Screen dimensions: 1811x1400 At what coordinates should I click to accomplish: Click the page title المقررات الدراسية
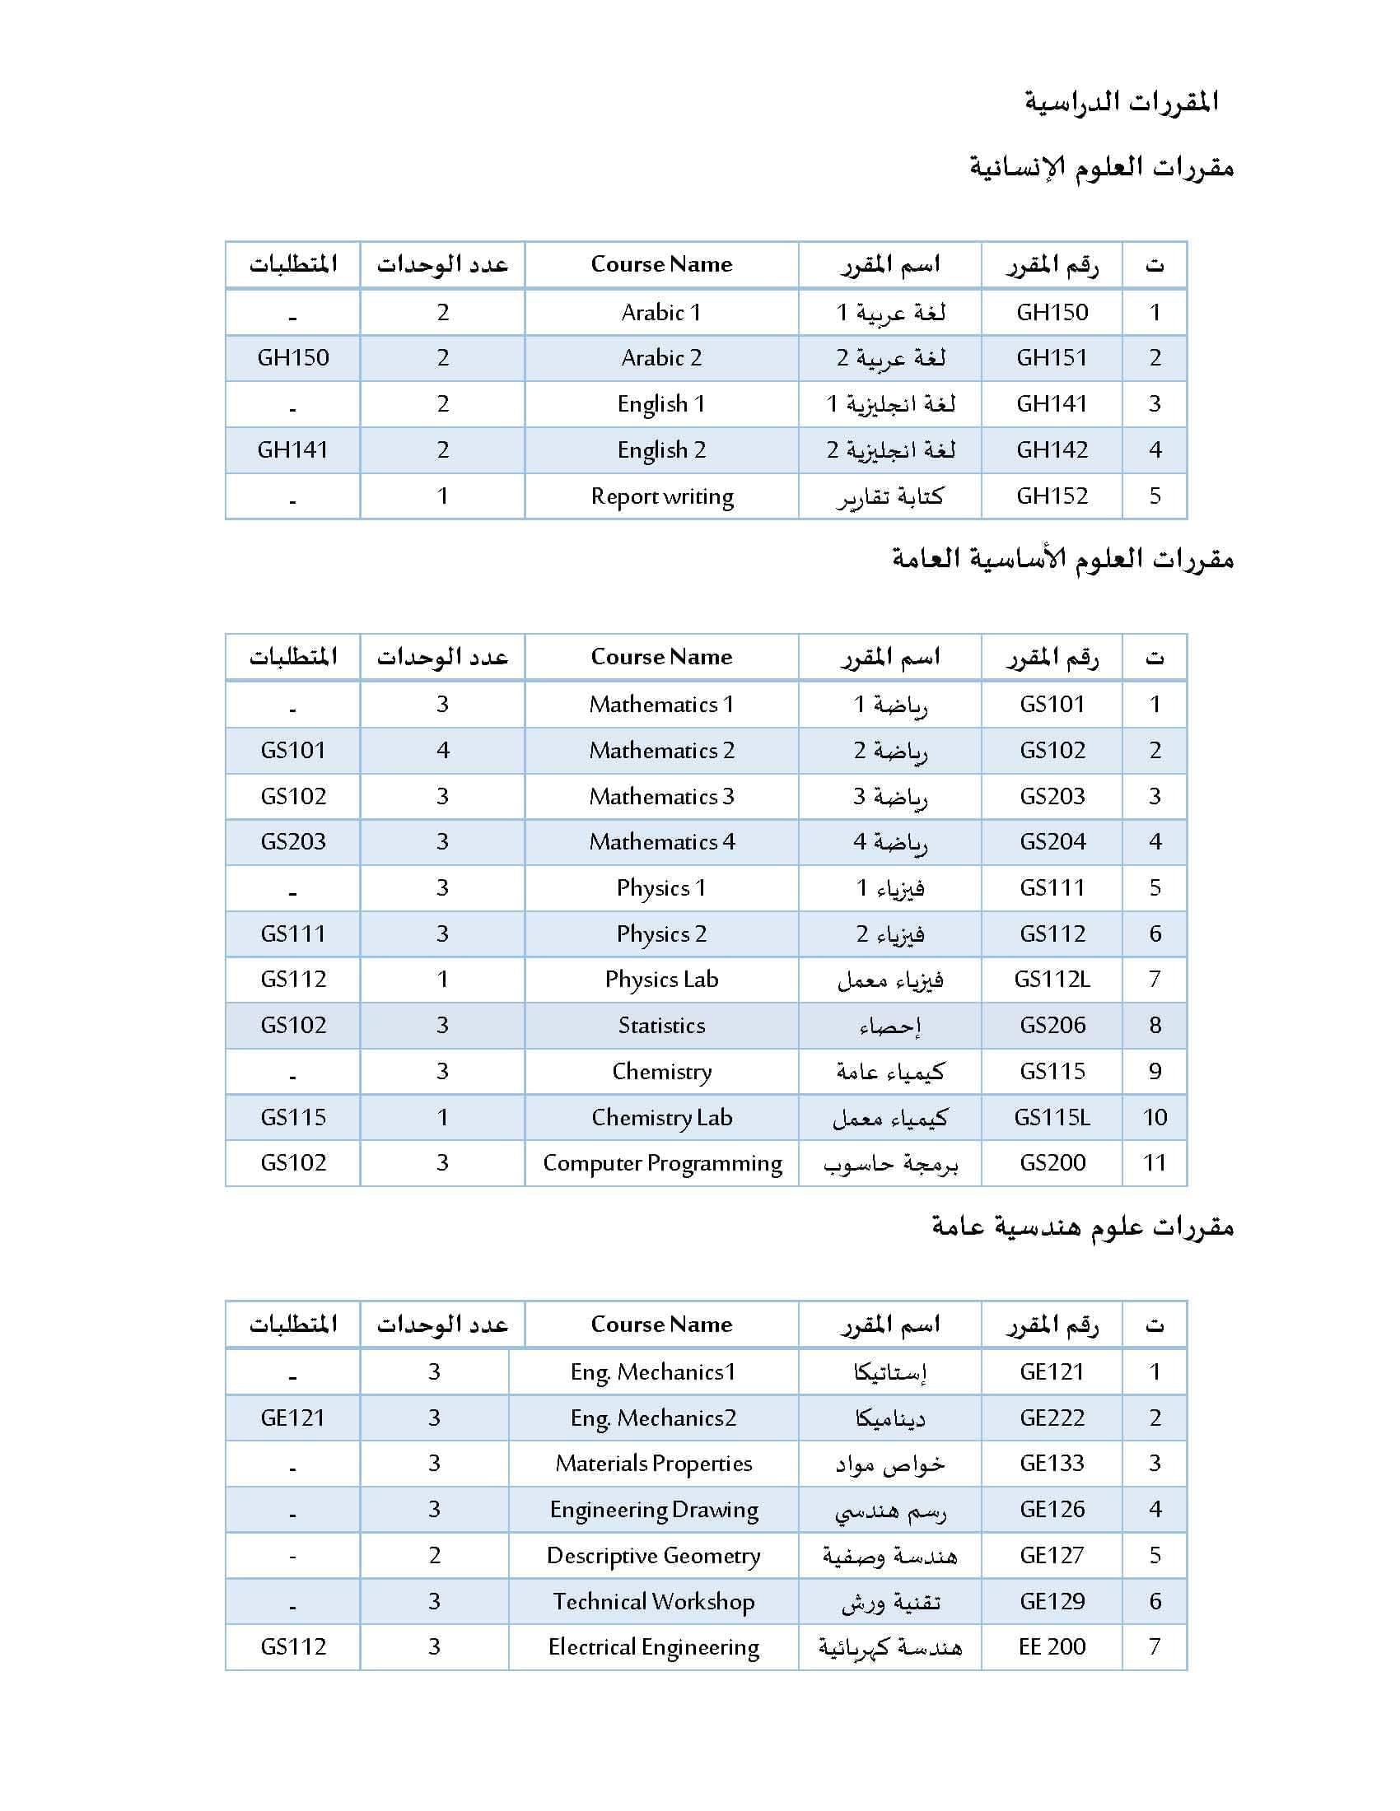point(1121,102)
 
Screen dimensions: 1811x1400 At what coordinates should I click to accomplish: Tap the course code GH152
point(1052,496)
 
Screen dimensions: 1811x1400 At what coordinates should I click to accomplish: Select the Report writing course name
point(662,496)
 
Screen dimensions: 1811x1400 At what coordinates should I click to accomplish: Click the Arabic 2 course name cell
point(662,358)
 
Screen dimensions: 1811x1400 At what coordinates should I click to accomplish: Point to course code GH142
point(1052,450)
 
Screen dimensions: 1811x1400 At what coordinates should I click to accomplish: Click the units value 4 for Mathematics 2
point(442,751)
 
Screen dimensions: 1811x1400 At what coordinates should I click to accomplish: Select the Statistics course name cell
point(662,1026)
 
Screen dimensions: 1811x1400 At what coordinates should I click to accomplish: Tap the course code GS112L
point(1052,980)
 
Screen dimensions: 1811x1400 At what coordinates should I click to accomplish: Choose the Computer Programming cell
point(662,1163)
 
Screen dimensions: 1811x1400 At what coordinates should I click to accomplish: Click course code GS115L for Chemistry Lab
point(1052,1118)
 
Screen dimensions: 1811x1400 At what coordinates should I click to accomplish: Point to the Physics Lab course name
point(662,980)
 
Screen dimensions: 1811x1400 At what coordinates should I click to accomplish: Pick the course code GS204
point(1052,841)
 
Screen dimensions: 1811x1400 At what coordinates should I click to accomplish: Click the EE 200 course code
point(1052,1647)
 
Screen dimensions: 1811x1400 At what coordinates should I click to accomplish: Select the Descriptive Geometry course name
point(654,1556)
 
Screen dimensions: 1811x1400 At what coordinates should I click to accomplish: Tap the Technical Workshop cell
point(654,1601)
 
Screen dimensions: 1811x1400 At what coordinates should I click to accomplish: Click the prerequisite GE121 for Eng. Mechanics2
point(293,1418)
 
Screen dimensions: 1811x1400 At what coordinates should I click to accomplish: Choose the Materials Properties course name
point(654,1464)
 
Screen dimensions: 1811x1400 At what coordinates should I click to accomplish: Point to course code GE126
point(1052,1509)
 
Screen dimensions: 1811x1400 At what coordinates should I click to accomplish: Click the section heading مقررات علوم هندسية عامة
point(1082,1227)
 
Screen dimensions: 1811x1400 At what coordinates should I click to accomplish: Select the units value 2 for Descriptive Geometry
point(435,1556)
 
